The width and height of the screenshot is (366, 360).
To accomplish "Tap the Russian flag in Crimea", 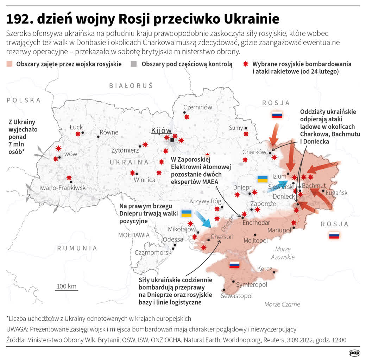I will (234, 265).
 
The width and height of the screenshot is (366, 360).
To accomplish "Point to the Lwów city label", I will (69, 154).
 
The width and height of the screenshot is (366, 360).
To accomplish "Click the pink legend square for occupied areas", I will (10, 64).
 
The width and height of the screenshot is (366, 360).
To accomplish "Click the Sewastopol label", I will (236, 296).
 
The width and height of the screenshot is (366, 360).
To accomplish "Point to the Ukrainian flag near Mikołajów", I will (186, 213).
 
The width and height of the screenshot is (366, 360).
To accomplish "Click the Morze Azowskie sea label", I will (283, 253).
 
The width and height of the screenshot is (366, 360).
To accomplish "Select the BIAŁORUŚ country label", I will (131, 85).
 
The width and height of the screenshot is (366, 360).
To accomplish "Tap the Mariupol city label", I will (279, 230).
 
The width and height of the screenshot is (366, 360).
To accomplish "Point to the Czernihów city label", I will (198, 107).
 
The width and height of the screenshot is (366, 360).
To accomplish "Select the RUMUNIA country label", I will (77, 248).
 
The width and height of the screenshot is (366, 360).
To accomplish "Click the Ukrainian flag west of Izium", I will (262, 179).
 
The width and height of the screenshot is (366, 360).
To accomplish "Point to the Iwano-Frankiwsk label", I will (62, 188).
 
